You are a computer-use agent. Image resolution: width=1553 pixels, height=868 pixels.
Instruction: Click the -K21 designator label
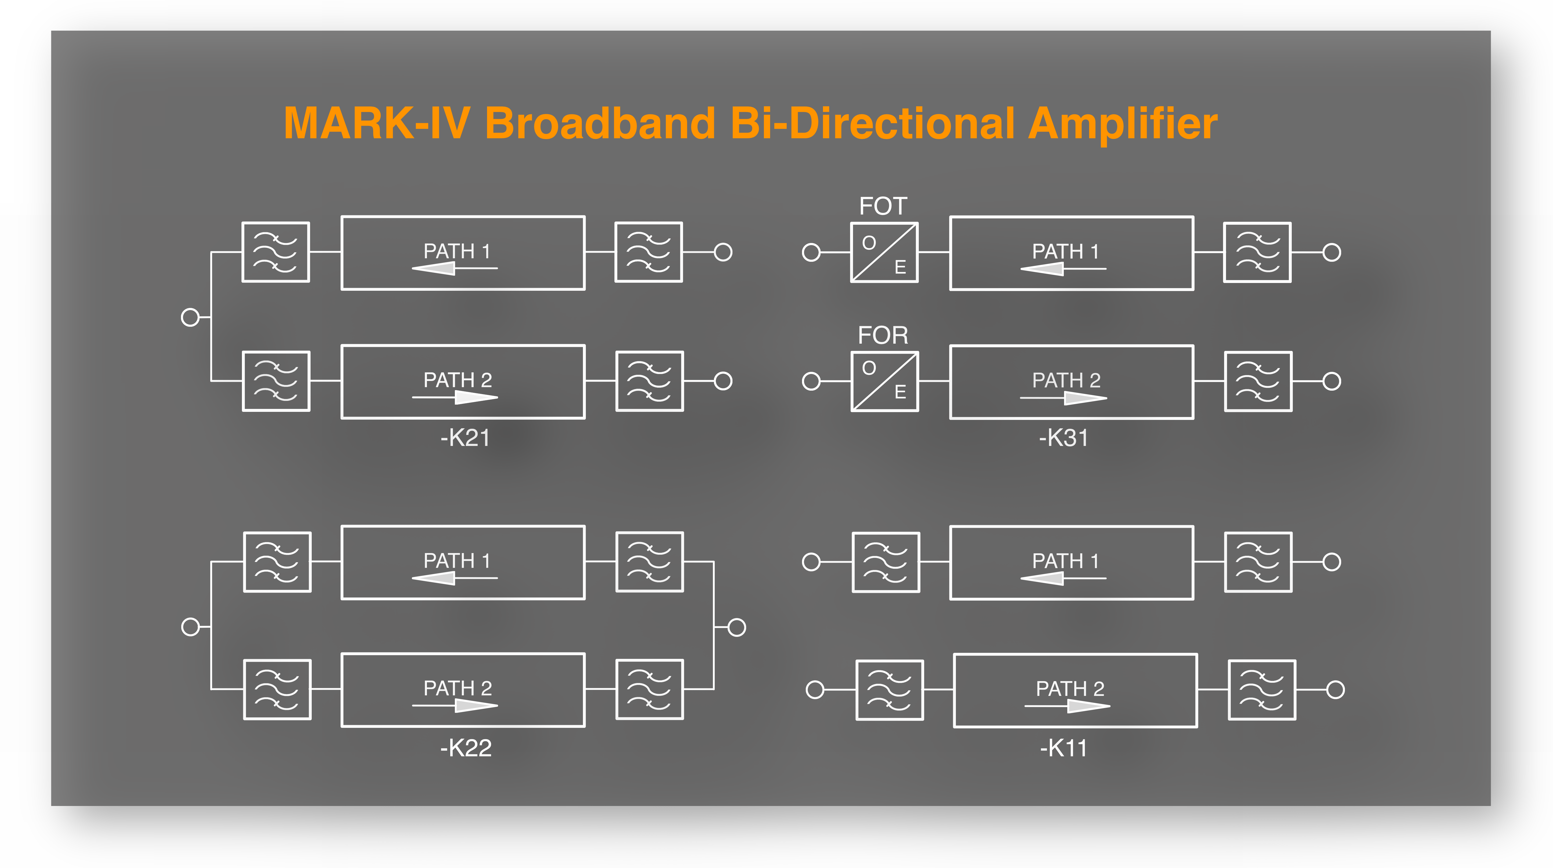click(x=465, y=438)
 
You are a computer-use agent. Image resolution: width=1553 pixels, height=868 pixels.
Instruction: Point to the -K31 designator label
click(x=1064, y=438)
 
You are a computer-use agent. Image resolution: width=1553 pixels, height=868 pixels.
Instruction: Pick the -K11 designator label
click(x=1064, y=748)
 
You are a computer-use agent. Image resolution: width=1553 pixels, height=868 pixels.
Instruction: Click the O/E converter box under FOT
click(x=884, y=253)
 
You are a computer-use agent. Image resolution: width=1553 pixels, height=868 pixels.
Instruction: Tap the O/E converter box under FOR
click(x=884, y=382)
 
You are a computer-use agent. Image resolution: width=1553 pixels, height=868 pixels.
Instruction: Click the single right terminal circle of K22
click(x=737, y=627)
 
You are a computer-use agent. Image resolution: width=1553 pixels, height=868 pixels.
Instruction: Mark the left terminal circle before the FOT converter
click(x=811, y=253)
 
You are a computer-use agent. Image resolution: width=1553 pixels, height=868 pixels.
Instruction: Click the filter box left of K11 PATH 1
click(x=886, y=562)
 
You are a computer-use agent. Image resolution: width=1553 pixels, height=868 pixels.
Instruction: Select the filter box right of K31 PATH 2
click(x=1258, y=382)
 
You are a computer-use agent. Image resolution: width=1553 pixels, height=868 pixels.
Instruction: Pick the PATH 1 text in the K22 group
click(x=457, y=561)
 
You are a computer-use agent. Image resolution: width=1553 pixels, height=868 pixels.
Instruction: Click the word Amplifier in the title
click(x=1123, y=124)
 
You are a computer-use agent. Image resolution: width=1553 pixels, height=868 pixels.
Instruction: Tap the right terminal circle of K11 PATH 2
click(x=1335, y=689)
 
